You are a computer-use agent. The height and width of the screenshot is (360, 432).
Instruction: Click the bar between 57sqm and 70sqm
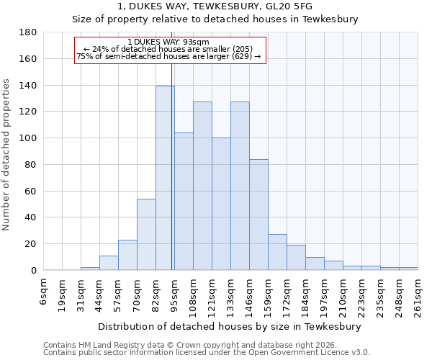[x=127, y=255]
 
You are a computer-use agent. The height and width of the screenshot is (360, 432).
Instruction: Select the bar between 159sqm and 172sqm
[x=277, y=252]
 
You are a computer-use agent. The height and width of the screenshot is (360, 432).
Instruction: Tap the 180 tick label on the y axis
[x=28, y=32]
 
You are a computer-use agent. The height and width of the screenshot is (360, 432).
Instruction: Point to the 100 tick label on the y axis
[x=28, y=138]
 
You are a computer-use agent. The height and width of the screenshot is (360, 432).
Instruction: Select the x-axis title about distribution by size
[x=230, y=326]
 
